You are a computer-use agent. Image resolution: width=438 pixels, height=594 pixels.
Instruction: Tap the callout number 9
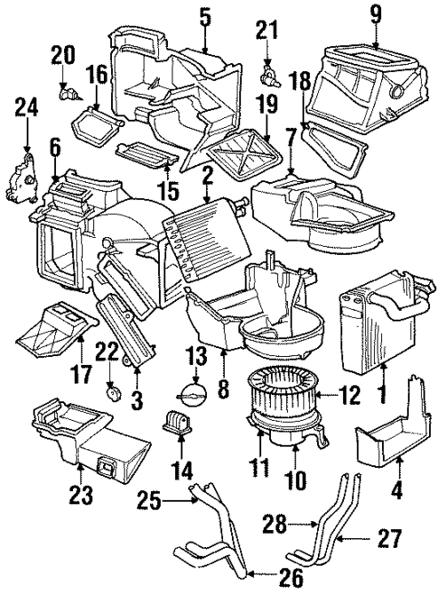point(376,14)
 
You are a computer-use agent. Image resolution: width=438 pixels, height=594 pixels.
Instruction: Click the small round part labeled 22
point(113,392)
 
